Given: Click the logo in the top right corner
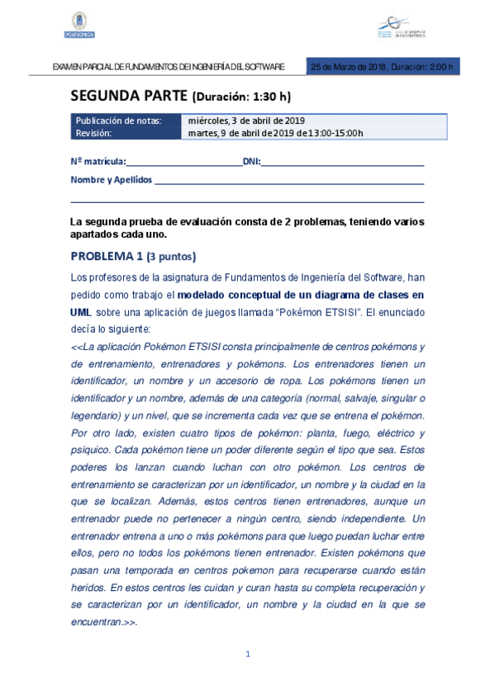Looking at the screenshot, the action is pos(404,27).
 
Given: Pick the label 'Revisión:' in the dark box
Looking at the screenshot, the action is pos(93,132).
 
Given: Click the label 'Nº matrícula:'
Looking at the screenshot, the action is pos(98,162).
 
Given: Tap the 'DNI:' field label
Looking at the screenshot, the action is pos(251,162).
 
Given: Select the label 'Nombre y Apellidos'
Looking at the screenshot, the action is pos(112,179).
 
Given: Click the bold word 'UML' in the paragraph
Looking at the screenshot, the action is pos(81,313).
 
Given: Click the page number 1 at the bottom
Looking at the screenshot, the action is pos(247,655).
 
